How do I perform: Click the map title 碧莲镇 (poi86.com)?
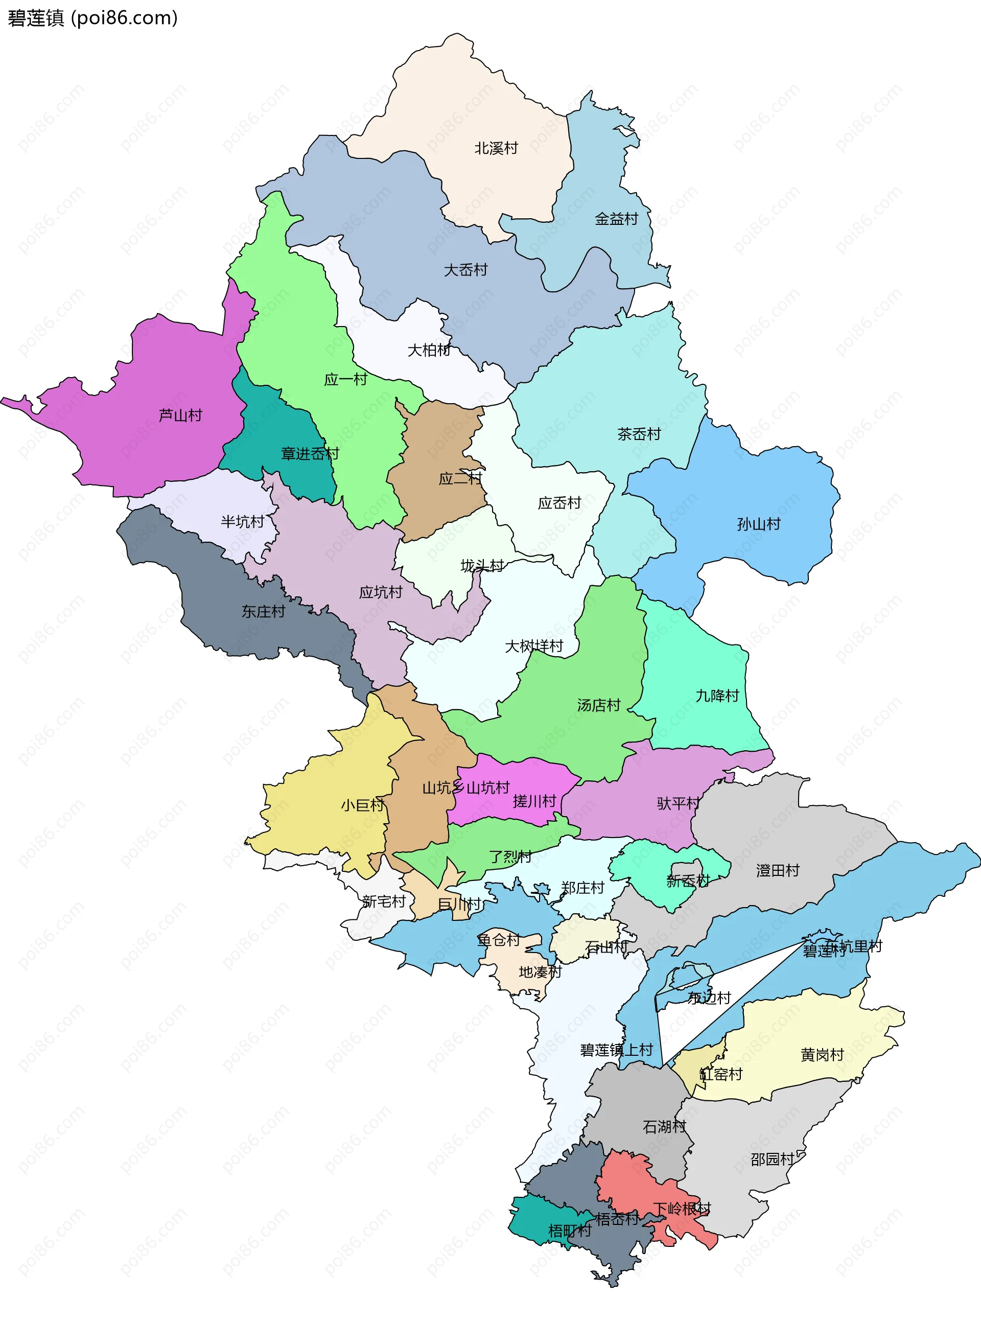click(92, 18)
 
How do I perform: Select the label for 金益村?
click(616, 219)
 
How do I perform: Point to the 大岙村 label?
click(465, 270)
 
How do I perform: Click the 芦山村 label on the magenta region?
click(180, 415)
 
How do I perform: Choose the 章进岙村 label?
click(310, 454)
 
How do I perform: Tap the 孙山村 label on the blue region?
click(758, 524)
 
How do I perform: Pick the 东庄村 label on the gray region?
click(263, 611)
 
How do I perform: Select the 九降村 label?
click(717, 696)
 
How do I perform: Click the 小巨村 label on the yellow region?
click(362, 805)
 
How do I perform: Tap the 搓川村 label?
click(534, 801)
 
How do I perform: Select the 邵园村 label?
click(772, 1160)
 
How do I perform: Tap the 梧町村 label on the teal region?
click(569, 1231)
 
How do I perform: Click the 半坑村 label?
click(242, 522)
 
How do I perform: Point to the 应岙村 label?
click(559, 503)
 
